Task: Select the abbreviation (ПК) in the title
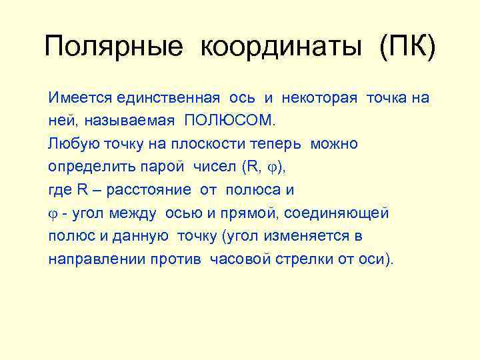click(407, 47)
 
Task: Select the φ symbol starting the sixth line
click(53, 214)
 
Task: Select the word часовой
click(239, 259)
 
